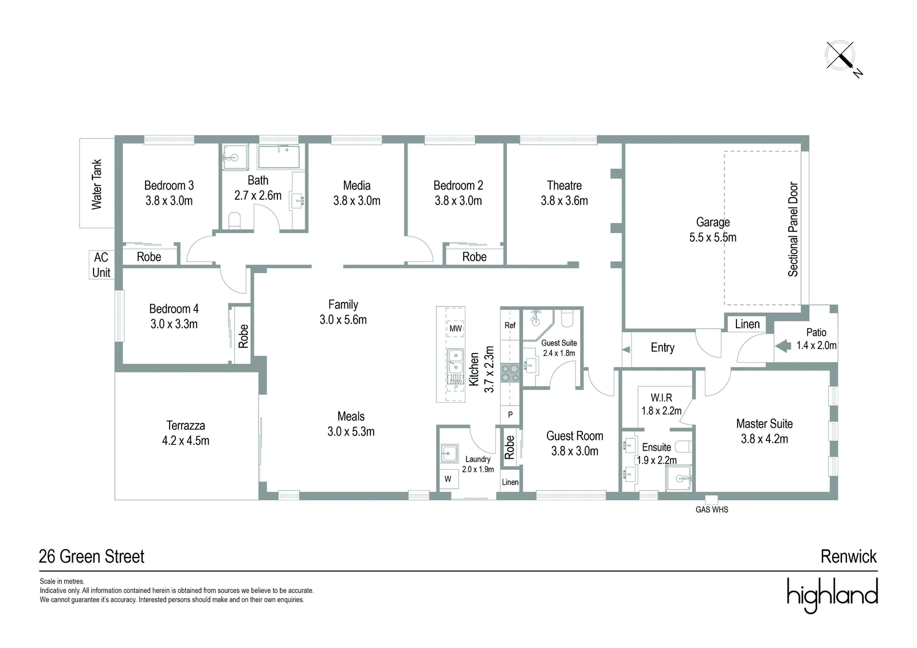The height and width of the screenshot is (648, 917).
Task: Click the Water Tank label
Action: [97, 184]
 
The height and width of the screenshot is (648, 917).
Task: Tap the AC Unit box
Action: [101, 265]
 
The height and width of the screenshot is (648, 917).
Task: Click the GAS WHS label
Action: [712, 510]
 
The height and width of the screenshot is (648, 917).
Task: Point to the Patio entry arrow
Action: [783, 346]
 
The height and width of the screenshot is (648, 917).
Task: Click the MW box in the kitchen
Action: [455, 328]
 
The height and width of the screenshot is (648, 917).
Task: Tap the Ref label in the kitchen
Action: [510, 325]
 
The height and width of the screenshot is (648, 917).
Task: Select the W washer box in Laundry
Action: [448, 478]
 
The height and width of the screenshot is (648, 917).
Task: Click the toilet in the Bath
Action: [234, 220]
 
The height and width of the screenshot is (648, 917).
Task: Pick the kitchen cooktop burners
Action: [510, 373]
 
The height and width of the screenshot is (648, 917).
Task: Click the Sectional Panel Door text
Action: [793, 229]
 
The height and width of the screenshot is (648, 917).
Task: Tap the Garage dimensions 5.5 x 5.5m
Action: [713, 237]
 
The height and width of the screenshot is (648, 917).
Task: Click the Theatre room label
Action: [564, 186]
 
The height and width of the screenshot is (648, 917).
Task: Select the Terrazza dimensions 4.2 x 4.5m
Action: [186, 441]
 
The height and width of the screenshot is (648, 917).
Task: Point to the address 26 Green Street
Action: [91, 557]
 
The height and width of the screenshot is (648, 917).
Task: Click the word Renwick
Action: [849, 557]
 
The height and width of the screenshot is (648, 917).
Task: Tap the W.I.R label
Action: [661, 398]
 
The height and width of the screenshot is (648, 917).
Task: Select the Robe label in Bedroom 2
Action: [475, 257]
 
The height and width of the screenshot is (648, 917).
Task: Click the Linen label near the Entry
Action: [747, 324]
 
